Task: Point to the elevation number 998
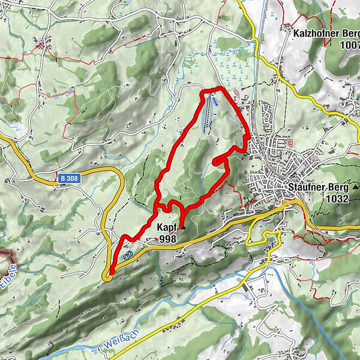click(169, 239)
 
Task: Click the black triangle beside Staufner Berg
click(355, 187)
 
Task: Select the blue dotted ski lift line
click(207, 114)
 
